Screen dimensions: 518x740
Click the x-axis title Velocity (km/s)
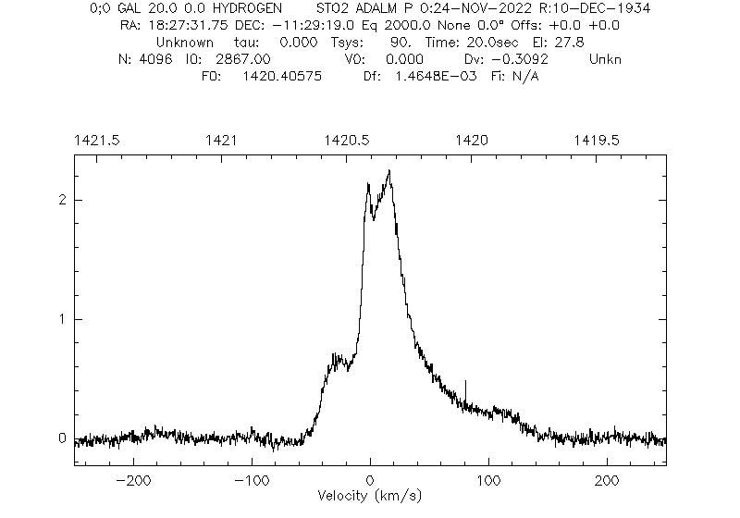369,496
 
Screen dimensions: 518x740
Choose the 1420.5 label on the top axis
348,140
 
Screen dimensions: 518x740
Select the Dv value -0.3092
536,59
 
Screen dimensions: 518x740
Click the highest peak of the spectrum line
389,171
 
